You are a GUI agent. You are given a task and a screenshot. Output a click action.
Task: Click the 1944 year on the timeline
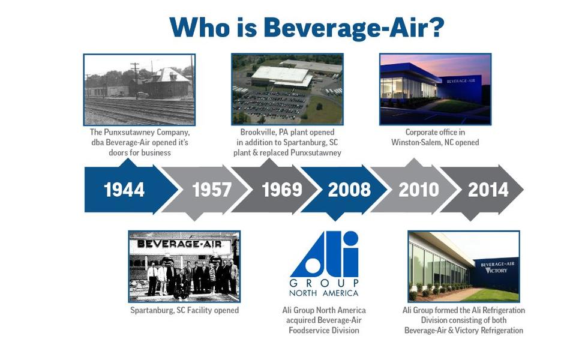coord(124,190)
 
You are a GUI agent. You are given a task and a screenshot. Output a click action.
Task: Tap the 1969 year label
coord(282,190)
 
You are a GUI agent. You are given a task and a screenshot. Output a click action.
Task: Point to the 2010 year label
coord(419,190)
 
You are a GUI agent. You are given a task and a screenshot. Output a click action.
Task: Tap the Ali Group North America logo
coord(324,264)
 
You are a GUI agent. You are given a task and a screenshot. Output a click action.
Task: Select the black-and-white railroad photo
coord(139,89)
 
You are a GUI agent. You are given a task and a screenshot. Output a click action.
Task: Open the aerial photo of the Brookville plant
coord(287,89)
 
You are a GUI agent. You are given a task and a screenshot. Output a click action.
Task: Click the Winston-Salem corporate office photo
coord(436,89)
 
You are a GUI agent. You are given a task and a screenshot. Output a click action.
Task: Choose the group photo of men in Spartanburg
coord(184,266)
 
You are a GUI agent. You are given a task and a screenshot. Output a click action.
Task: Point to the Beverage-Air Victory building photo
coord(464,266)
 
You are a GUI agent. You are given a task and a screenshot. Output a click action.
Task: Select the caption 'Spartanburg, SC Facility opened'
coord(184,310)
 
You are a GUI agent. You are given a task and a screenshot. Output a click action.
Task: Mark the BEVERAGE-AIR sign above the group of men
coord(179,244)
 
